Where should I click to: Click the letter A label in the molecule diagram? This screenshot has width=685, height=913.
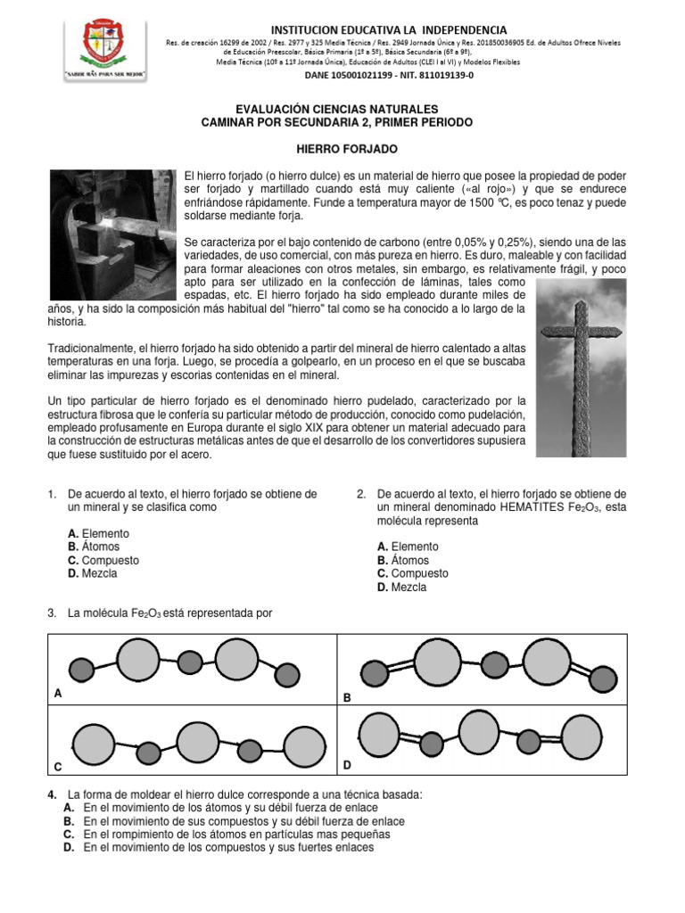[x=59, y=693]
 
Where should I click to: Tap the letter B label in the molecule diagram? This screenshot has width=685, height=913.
[x=348, y=699]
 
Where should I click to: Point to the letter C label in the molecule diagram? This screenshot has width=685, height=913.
[x=58, y=767]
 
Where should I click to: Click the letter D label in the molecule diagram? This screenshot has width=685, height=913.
[x=348, y=765]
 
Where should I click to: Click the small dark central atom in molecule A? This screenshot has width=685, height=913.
[x=191, y=662]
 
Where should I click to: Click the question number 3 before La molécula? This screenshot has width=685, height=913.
[x=53, y=613]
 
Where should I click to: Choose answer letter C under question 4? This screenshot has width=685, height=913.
[x=68, y=835]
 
